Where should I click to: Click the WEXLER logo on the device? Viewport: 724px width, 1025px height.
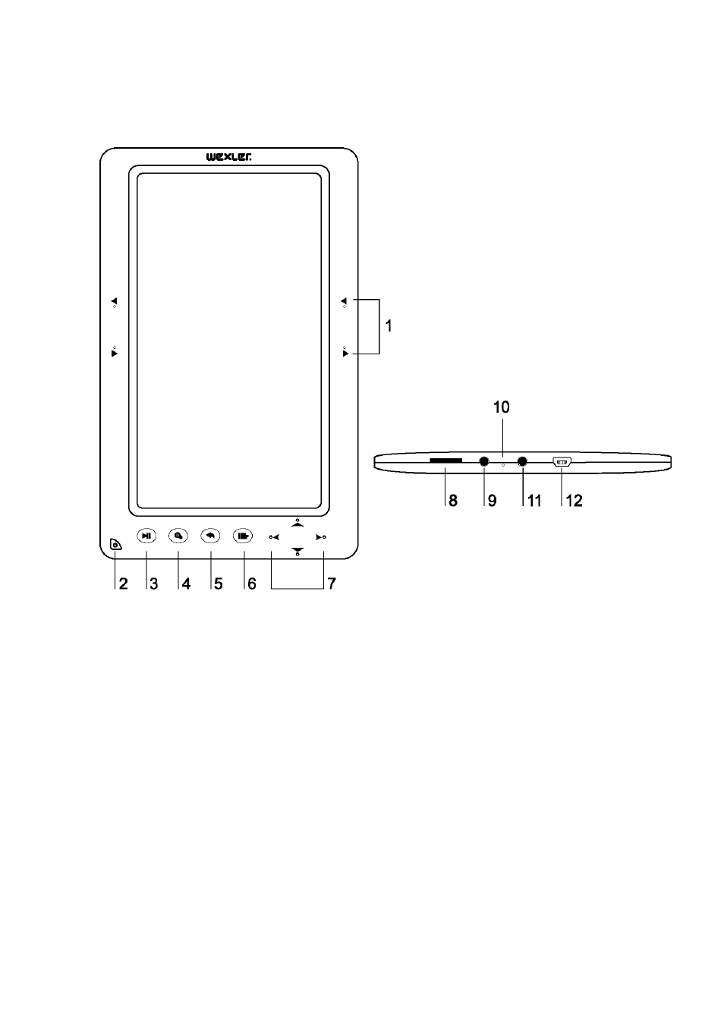coord(228,157)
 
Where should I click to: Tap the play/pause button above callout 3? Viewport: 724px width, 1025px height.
coord(146,536)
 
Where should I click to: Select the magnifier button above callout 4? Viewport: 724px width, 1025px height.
coord(178,536)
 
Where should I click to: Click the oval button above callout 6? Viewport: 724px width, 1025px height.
coord(243,536)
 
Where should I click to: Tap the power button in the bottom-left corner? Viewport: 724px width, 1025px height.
coord(116,545)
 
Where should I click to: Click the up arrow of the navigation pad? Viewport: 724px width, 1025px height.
coord(297,523)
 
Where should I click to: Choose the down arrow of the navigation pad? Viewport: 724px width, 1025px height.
coord(297,551)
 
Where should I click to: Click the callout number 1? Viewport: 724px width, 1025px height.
coord(389,325)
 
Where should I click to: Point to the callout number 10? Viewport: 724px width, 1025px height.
coord(501,407)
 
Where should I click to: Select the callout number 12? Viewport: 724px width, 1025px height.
coord(574,501)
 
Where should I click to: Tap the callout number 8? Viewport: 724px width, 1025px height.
coord(452,501)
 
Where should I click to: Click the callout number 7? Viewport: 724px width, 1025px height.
coord(332,583)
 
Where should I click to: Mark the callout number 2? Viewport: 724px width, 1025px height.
coord(123,583)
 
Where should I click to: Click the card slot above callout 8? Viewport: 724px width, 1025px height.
coord(445,460)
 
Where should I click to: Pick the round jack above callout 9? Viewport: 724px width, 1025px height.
coord(483,462)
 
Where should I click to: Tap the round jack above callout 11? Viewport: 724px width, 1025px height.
coord(522,462)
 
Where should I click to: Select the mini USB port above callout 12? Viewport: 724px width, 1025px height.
coord(562,462)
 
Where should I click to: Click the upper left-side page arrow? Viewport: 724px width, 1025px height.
coord(115,300)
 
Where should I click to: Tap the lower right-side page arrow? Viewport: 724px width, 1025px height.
coord(345,354)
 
